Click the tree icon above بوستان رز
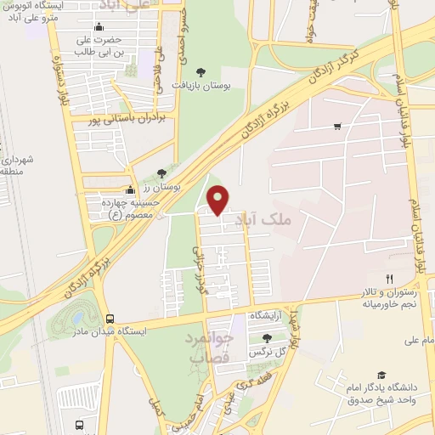coord(161,173)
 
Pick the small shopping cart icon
coord(337,127)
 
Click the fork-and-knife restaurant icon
coord(390,278)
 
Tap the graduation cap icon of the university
coord(381,375)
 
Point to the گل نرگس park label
coord(266,351)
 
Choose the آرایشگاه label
coord(266,314)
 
